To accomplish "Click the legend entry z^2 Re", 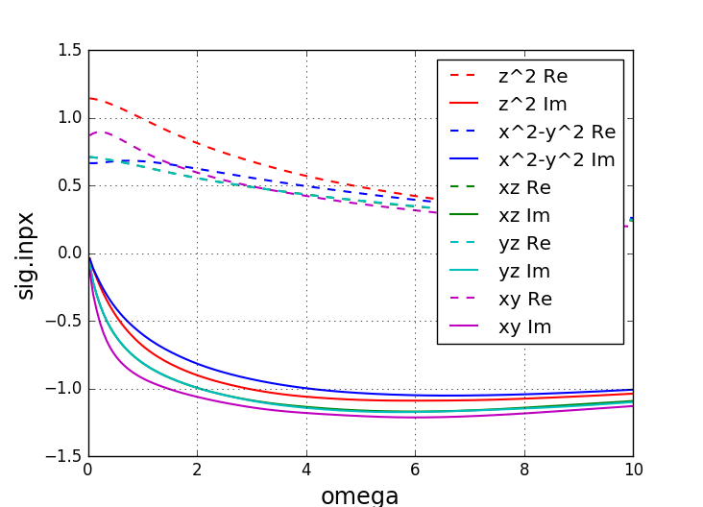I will click(x=531, y=76).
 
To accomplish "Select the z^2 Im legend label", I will click(x=531, y=104).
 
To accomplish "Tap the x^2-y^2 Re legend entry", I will click(x=556, y=132).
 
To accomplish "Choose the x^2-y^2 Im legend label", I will click(x=556, y=159).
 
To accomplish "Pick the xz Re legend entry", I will click(x=524, y=187).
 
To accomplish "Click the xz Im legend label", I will click(x=524, y=215).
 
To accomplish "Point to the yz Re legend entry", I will click(x=524, y=243).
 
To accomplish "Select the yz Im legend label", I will click(x=524, y=271).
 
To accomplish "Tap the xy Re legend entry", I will click(x=524, y=299).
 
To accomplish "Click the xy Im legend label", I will click(x=524, y=326).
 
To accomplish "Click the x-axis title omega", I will click(x=360, y=495).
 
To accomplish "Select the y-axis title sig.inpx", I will click(x=26, y=254).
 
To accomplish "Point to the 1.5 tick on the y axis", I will click(x=69, y=50).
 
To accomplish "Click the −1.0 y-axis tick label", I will click(x=65, y=389).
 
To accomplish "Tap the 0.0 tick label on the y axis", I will click(x=69, y=253).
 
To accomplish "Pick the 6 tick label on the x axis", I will click(x=415, y=471).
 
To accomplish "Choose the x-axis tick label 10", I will click(x=633, y=471).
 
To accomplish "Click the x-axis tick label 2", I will click(x=197, y=471).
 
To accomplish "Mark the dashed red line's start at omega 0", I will click(x=89, y=98).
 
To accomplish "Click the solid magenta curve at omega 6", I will click(x=415, y=417).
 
